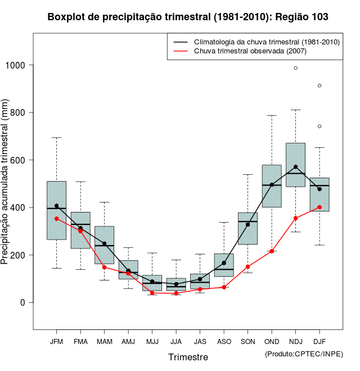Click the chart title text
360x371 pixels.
(188, 17)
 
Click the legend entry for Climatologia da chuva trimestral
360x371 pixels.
(266, 42)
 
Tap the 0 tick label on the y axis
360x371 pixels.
(24, 302)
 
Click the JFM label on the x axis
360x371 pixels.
(56, 342)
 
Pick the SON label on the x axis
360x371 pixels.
(247, 342)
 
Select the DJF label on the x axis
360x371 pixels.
(319, 342)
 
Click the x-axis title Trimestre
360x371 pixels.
(188, 357)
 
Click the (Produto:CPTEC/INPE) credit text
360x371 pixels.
(304, 354)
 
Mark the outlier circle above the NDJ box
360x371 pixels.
(295, 68)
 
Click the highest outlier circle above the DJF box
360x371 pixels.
(319, 85)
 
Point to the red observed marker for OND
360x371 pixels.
(272, 251)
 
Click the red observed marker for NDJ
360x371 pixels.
(295, 218)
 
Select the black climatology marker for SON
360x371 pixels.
(247, 224)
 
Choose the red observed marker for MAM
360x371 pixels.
(104, 267)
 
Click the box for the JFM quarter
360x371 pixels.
(56, 210)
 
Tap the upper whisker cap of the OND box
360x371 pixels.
(272, 115)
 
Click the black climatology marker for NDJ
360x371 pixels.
(295, 167)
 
